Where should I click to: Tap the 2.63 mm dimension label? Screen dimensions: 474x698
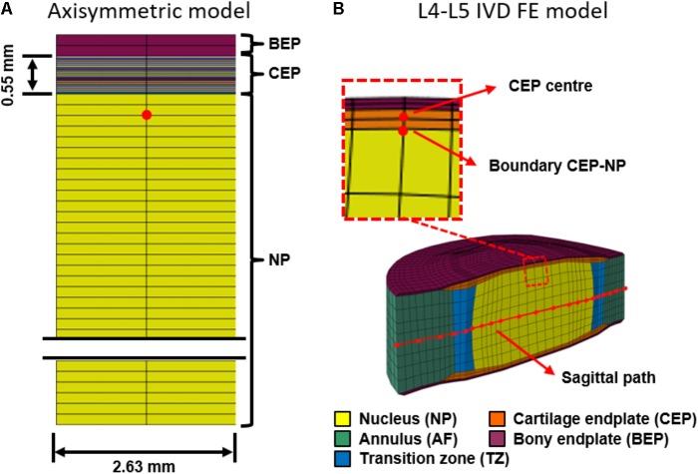click(x=144, y=463)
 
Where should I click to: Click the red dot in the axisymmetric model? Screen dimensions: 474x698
click(x=147, y=116)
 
